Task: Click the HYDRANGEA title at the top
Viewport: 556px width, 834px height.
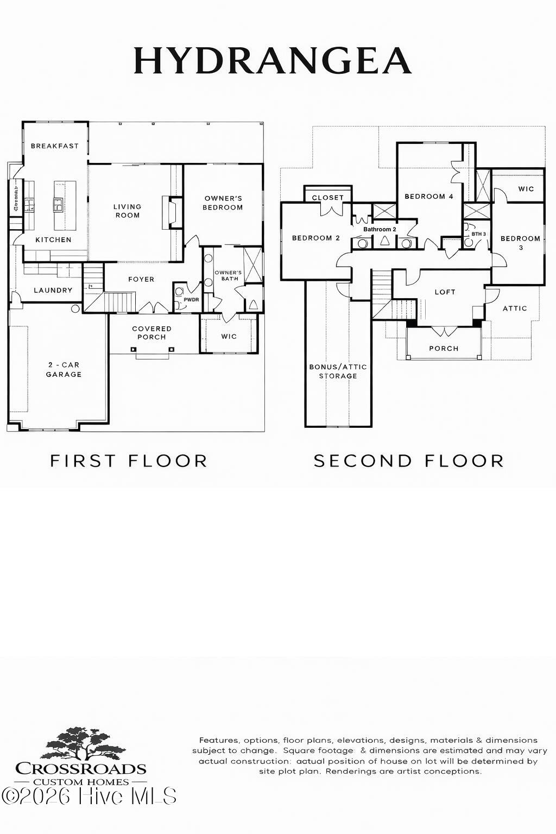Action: pyautogui.click(x=273, y=60)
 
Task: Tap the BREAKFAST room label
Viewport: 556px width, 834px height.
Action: pyautogui.click(x=55, y=146)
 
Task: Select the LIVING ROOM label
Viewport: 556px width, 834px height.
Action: pyautogui.click(x=127, y=211)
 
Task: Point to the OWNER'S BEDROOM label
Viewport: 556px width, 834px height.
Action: pyautogui.click(x=223, y=203)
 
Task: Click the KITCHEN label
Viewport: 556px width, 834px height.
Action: pyautogui.click(x=53, y=239)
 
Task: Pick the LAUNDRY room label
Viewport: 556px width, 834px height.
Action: pyautogui.click(x=53, y=290)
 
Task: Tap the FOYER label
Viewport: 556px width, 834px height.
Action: pyautogui.click(x=141, y=279)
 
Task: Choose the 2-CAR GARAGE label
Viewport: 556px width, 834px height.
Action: pyautogui.click(x=64, y=370)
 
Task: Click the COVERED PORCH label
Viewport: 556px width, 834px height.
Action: pyautogui.click(x=151, y=333)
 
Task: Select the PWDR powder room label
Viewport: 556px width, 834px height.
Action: pyautogui.click(x=191, y=299)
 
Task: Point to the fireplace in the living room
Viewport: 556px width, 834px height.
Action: pyautogui.click(x=171, y=211)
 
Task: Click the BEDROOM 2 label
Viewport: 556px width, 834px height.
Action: pyautogui.click(x=315, y=238)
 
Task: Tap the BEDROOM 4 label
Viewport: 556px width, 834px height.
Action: pyautogui.click(x=428, y=197)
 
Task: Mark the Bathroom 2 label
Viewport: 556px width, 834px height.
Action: pyautogui.click(x=380, y=229)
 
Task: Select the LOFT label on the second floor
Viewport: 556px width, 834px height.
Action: pyautogui.click(x=445, y=292)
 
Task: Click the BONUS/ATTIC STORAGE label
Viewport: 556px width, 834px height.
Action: pyautogui.click(x=338, y=371)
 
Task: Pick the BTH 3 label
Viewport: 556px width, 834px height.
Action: pyautogui.click(x=478, y=233)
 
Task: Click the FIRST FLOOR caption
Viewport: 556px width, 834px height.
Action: pyautogui.click(x=129, y=461)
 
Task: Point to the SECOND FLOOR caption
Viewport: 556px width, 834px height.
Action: pyautogui.click(x=409, y=461)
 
